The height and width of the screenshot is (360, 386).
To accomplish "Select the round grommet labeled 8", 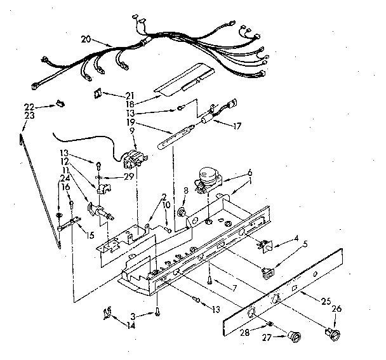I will tap(182, 211).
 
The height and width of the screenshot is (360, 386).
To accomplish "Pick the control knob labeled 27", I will tap(293, 336).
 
